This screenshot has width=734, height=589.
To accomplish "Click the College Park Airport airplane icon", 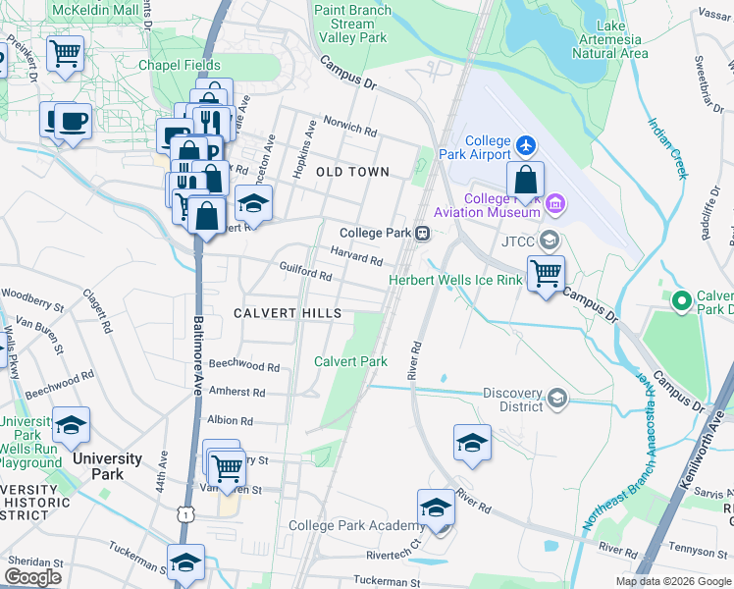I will pyautogui.click(x=526, y=146).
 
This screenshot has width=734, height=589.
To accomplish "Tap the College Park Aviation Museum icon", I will pyautogui.click(x=556, y=204).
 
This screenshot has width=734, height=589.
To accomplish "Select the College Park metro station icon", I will pyautogui.click(x=422, y=233).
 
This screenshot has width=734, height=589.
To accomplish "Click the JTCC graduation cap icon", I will pyautogui.click(x=549, y=240).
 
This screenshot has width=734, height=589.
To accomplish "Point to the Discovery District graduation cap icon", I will pyautogui.click(x=557, y=398).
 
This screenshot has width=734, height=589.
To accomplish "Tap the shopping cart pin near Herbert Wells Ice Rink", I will pyautogui.click(x=545, y=272).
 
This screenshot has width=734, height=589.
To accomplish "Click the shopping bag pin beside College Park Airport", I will pyautogui.click(x=526, y=180).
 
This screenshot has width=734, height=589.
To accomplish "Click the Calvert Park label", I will pyautogui.click(x=350, y=361).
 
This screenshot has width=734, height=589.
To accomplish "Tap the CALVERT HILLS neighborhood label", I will pyautogui.click(x=288, y=313).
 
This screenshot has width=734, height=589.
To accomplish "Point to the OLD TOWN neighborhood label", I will pyautogui.click(x=353, y=172).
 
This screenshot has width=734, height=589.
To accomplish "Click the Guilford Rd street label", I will pyautogui.click(x=305, y=277).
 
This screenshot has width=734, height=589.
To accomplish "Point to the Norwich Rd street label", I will pyautogui.click(x=350, y=129).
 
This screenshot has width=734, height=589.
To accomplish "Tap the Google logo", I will pyautogui.click(x=32, y=577).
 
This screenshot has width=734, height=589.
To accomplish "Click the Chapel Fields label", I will pyautogui.click(x=179, y=65).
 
